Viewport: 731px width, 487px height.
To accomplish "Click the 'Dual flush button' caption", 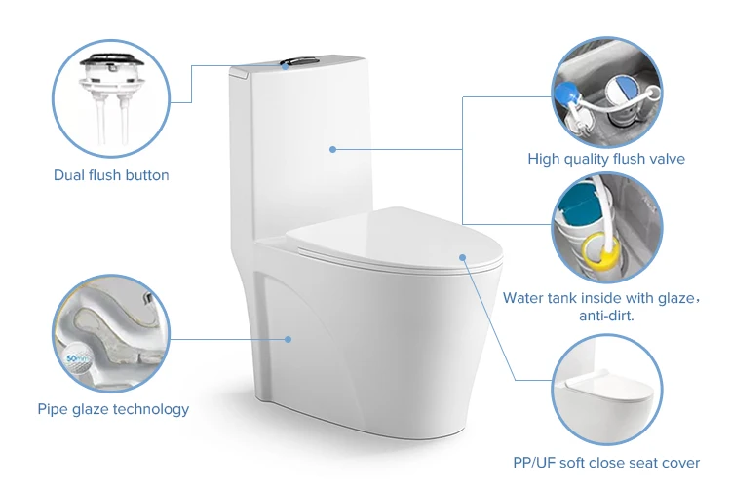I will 111,175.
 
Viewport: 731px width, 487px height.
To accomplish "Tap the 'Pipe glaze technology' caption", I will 113,409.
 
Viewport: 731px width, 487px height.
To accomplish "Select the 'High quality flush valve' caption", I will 606,159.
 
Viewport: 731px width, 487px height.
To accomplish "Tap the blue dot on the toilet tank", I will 332,149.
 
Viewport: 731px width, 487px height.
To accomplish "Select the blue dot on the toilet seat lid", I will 463,259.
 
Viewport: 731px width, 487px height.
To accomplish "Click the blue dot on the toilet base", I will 289,339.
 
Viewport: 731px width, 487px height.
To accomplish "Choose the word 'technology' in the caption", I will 152,409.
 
